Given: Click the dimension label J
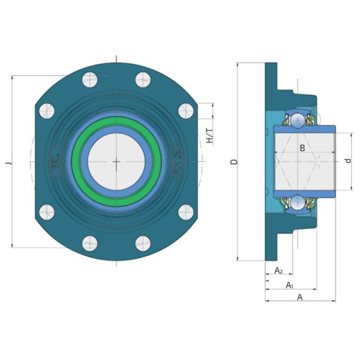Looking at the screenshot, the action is click(x=9, y=163).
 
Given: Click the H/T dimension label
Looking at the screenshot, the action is click(x=210, y=136).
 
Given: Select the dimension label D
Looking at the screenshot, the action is click(x=234, y=162).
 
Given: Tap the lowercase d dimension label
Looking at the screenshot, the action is click(x=349, y=160).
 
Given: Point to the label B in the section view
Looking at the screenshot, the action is click(x=302, y=148).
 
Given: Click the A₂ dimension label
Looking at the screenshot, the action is click(x=278, y=270).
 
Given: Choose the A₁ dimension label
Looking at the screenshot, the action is click(x=290, y=285).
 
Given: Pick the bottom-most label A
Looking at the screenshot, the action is click(x=300, y=297).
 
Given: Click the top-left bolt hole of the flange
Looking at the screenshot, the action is click(x=90, y=80).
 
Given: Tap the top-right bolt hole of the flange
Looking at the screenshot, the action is click(x=143, y=80).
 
